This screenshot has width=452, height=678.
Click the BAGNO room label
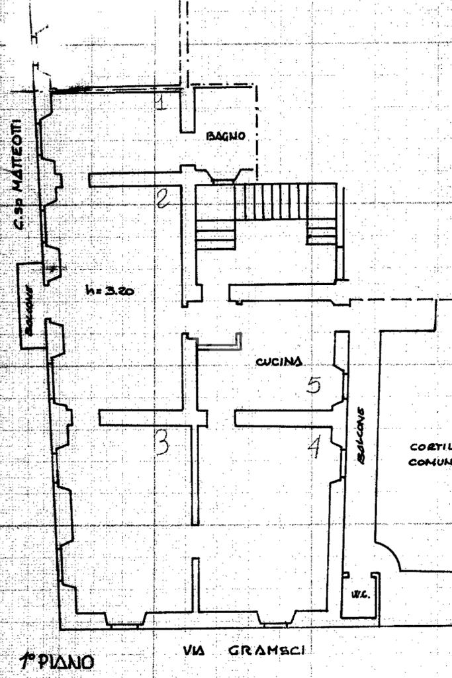[226, 136]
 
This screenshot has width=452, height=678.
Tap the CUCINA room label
[279, 361]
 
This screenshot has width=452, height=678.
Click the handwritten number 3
[161, 443]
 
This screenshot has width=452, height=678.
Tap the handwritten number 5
[314, 385]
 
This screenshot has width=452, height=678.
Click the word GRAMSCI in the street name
[266, 651]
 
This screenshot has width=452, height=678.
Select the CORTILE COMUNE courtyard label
[431, 454]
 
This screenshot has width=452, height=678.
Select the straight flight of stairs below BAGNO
[273, 202]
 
